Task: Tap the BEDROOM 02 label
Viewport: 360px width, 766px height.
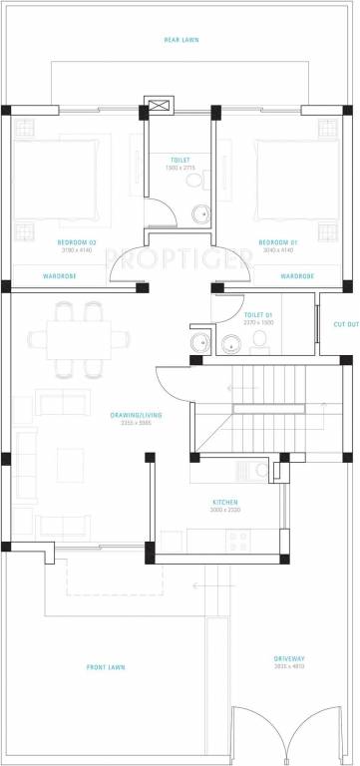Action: point(78,242)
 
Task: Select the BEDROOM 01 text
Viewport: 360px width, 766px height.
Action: point(278,242)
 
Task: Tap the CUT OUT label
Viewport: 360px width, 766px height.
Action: point(345,324)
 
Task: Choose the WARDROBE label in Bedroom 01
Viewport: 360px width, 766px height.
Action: point(297,275)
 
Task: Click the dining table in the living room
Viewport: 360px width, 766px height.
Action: point(80,340)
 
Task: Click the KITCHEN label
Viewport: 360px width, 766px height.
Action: point(224,501)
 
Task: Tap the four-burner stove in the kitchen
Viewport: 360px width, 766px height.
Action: point(238,542)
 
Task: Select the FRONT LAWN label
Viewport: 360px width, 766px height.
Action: point(103,667)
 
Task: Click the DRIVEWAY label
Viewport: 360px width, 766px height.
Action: point(288,658)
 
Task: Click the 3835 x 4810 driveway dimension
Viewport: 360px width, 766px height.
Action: point(288,667)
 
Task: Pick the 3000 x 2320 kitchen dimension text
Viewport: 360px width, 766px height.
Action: point(224,510)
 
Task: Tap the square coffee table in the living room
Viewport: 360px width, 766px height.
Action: point(70,464)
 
